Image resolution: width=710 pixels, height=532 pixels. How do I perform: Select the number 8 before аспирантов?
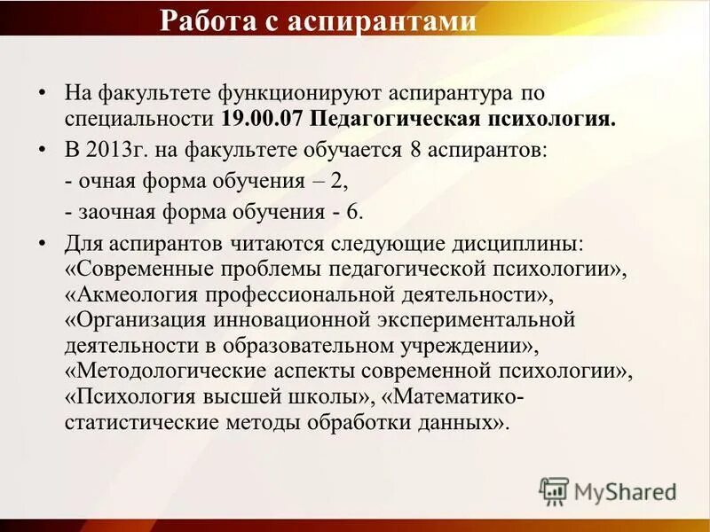tap(414, 150)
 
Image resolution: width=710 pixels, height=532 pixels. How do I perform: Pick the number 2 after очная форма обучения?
tap(340, 181)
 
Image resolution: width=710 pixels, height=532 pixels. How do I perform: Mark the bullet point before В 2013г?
tap(43, 151)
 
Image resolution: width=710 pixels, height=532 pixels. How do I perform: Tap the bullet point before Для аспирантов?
tap(43, 244)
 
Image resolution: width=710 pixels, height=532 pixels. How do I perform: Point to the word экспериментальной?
tap(481, 319)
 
